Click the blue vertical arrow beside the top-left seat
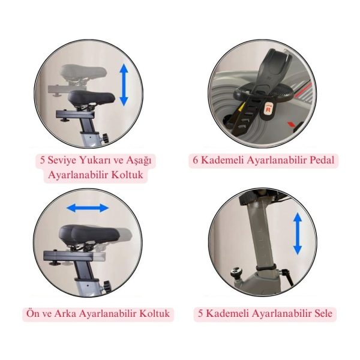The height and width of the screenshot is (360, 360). tap(124, 85)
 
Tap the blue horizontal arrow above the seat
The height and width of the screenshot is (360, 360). tap(88, 208)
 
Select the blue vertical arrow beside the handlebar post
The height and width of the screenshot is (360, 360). tap(298, 233)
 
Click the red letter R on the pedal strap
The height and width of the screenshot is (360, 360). tap(268, 110)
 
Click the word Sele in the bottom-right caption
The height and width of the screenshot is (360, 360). tap(323, 313)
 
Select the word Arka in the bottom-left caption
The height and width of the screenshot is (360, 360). tap(65, 314)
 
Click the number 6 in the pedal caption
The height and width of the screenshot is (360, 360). tap(196, 160)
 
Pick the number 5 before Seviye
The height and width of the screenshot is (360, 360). tap(43, 160)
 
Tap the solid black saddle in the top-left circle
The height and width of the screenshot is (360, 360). tap(91, 97)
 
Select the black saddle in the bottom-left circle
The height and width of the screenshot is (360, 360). tap(89, 234)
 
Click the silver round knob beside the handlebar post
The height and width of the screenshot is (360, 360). tap(236, 272)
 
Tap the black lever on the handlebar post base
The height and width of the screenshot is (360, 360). tap(287, 276)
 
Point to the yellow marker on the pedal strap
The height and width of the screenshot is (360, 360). tap(242, 107)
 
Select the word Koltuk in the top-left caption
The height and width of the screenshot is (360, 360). tap(127, 175)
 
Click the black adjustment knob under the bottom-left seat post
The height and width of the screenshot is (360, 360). tap(107, 286)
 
